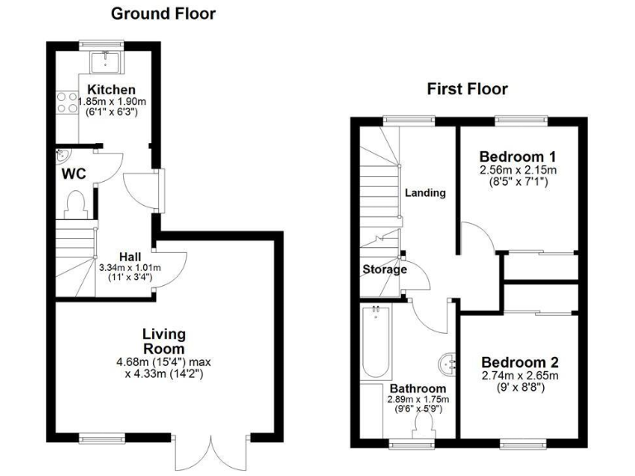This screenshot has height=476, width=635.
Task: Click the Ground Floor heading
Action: (x=163, y=13)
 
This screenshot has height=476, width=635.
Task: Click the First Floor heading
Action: (x=467, y=89)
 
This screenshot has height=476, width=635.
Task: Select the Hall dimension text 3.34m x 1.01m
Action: (x=130, y=268)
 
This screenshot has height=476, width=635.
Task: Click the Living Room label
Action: (x=163, y=341)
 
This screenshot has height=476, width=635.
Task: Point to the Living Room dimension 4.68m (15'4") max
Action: (x=163, y=361)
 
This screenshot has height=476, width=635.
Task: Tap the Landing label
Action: (x=425, y=193)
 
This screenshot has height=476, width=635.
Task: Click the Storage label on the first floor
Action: (x=384, y=269)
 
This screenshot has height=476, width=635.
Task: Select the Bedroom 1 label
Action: (x=518, y=156)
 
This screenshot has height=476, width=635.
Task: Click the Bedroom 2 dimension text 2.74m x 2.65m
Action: (x=520, y=376)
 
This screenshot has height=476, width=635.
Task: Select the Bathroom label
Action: (x=418, y=388)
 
